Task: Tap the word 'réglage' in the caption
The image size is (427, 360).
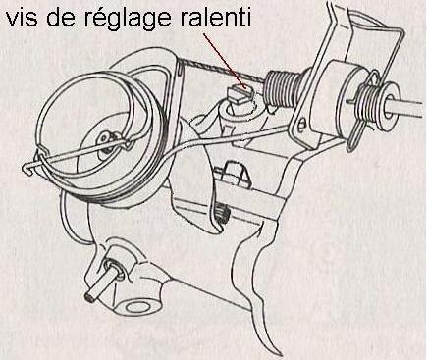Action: pyautogui.click(x=128, y=21)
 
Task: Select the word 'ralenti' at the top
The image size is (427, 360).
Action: pyautogui.click(x=215, y=18)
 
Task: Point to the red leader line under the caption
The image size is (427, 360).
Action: pyautogui.click(x=225, y=61)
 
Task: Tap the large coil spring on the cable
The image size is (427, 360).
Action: pyautogui.click(x=281, y=89)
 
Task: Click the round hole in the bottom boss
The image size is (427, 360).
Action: pyautogui.click(x=137, y=307)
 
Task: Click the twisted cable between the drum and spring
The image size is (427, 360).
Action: pyautogui.click(x=223, y=71)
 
